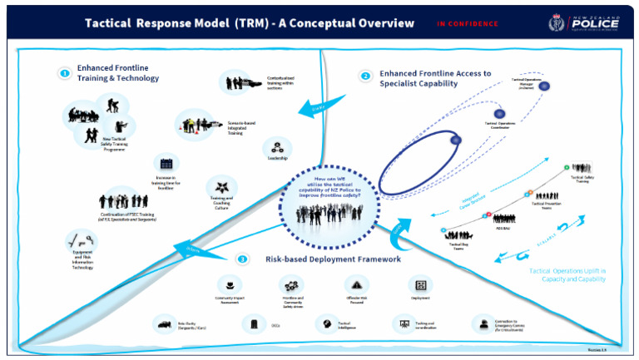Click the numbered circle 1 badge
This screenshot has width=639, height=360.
pos(64,73)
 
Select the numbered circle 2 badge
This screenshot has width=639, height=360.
pos(365,76)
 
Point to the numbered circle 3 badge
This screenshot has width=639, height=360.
pos(242,259)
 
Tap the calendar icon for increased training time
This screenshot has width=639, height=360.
pos(166,164)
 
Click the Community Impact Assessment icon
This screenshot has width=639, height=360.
pos(224,284)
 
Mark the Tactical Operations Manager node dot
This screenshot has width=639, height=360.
pos(544,86)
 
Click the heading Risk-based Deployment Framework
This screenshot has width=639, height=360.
pos(333,259)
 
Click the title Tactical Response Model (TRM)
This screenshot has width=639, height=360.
pos(250,23)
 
